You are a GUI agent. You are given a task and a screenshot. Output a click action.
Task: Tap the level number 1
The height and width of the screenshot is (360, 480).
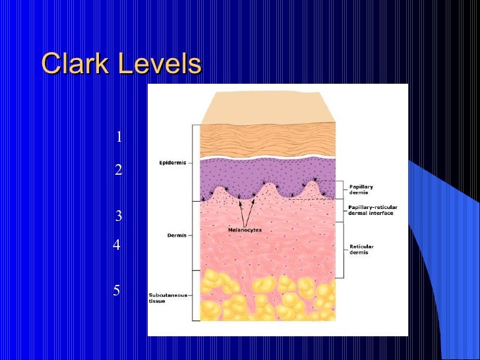coord(119,137)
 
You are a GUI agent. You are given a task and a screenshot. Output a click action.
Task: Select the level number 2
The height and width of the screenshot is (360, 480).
coord(118,170)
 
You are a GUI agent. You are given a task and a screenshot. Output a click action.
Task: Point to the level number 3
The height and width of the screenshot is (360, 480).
coord(119,216)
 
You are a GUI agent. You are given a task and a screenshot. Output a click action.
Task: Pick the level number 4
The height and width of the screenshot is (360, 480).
coord(116,245)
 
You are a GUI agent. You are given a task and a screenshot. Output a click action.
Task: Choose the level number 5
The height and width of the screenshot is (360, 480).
coord(116,290)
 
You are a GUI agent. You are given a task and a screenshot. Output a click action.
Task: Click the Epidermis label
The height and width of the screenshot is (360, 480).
coord(171,163)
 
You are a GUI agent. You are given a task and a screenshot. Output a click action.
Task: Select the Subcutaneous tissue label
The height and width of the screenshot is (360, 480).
coord(166,298)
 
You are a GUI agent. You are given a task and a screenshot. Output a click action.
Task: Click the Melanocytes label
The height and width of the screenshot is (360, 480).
coord(245,229)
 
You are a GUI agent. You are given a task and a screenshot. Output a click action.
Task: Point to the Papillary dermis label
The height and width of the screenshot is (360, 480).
coord(361,190)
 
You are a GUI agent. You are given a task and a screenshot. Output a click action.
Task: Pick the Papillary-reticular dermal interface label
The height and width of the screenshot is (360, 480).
coord(370,210)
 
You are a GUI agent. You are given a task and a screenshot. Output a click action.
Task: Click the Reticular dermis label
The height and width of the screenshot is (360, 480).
coord(361,249)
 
